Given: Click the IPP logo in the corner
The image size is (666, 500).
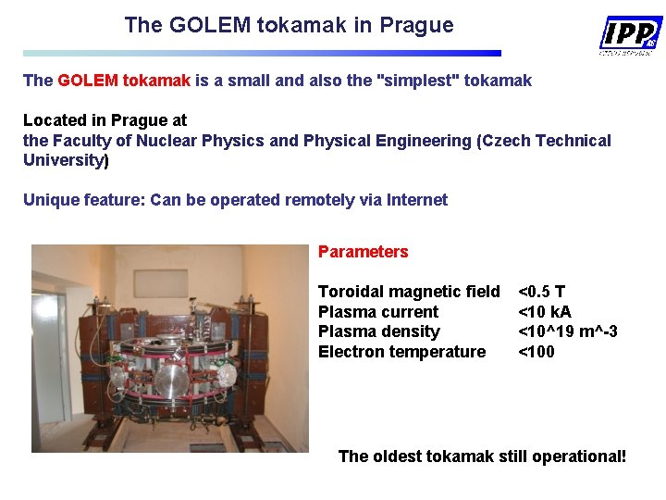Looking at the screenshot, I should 631,35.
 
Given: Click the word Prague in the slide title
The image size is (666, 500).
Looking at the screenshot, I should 415,25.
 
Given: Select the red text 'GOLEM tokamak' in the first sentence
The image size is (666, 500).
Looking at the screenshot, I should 124,81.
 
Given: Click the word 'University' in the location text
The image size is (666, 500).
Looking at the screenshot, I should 65,160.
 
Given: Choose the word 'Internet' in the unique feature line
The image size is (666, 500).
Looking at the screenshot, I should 416,200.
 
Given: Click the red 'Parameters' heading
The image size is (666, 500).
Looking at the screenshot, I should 363,252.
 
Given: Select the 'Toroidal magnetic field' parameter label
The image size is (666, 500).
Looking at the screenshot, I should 408,292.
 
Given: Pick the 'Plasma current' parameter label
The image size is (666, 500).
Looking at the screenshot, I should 377,312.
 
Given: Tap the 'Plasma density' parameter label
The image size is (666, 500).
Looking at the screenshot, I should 378,331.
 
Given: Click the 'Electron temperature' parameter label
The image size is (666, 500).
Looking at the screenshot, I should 401,352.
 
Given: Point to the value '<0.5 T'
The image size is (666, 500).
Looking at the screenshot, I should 541,292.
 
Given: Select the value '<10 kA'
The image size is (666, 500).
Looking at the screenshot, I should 544,312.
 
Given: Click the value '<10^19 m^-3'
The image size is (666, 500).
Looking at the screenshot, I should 567,331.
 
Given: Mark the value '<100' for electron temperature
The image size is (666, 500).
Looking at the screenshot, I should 536,352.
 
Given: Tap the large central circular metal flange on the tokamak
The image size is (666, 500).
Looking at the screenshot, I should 172,380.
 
